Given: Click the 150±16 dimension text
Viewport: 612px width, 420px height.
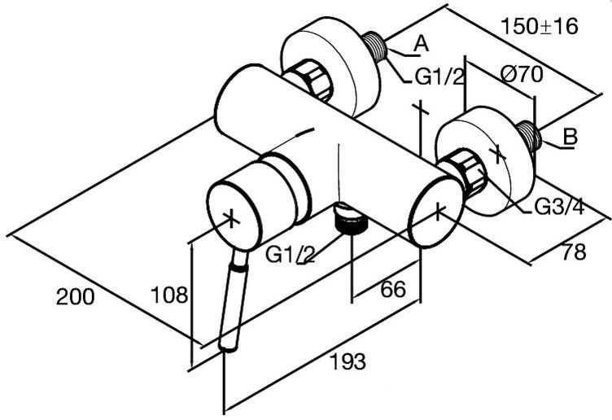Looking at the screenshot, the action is [539, 27].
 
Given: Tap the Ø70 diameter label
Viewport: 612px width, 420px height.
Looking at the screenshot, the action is [522, 74].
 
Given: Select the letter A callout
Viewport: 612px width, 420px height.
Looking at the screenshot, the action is [421, 44].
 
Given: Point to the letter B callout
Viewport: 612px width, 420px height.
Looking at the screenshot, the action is [570, 137].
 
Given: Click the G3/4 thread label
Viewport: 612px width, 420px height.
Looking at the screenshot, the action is [559, 207].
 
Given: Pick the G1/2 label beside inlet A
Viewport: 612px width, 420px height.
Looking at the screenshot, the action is [439, 77].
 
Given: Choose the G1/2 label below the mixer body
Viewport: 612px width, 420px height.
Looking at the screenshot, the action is [290, 255].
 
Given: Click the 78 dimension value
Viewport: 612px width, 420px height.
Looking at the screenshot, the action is [574, 252].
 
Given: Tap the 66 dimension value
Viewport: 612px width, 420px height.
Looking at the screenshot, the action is [393, 289].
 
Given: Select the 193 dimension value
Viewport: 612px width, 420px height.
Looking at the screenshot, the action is [348, 361].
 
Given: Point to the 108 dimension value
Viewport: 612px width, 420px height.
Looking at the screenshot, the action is [169, 295].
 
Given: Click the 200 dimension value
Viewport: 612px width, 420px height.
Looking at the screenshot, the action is [76, 296].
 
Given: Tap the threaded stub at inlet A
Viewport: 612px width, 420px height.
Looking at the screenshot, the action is [374, 46].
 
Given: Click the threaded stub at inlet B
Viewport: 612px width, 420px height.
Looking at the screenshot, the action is [529, 135].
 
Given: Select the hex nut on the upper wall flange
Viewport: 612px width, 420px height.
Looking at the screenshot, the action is [308, 79].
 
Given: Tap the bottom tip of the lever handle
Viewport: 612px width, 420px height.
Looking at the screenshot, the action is [228, 349].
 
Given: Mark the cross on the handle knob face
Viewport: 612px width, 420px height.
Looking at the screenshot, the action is [232, 219].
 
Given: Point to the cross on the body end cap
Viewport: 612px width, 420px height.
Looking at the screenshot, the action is [439, 211].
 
